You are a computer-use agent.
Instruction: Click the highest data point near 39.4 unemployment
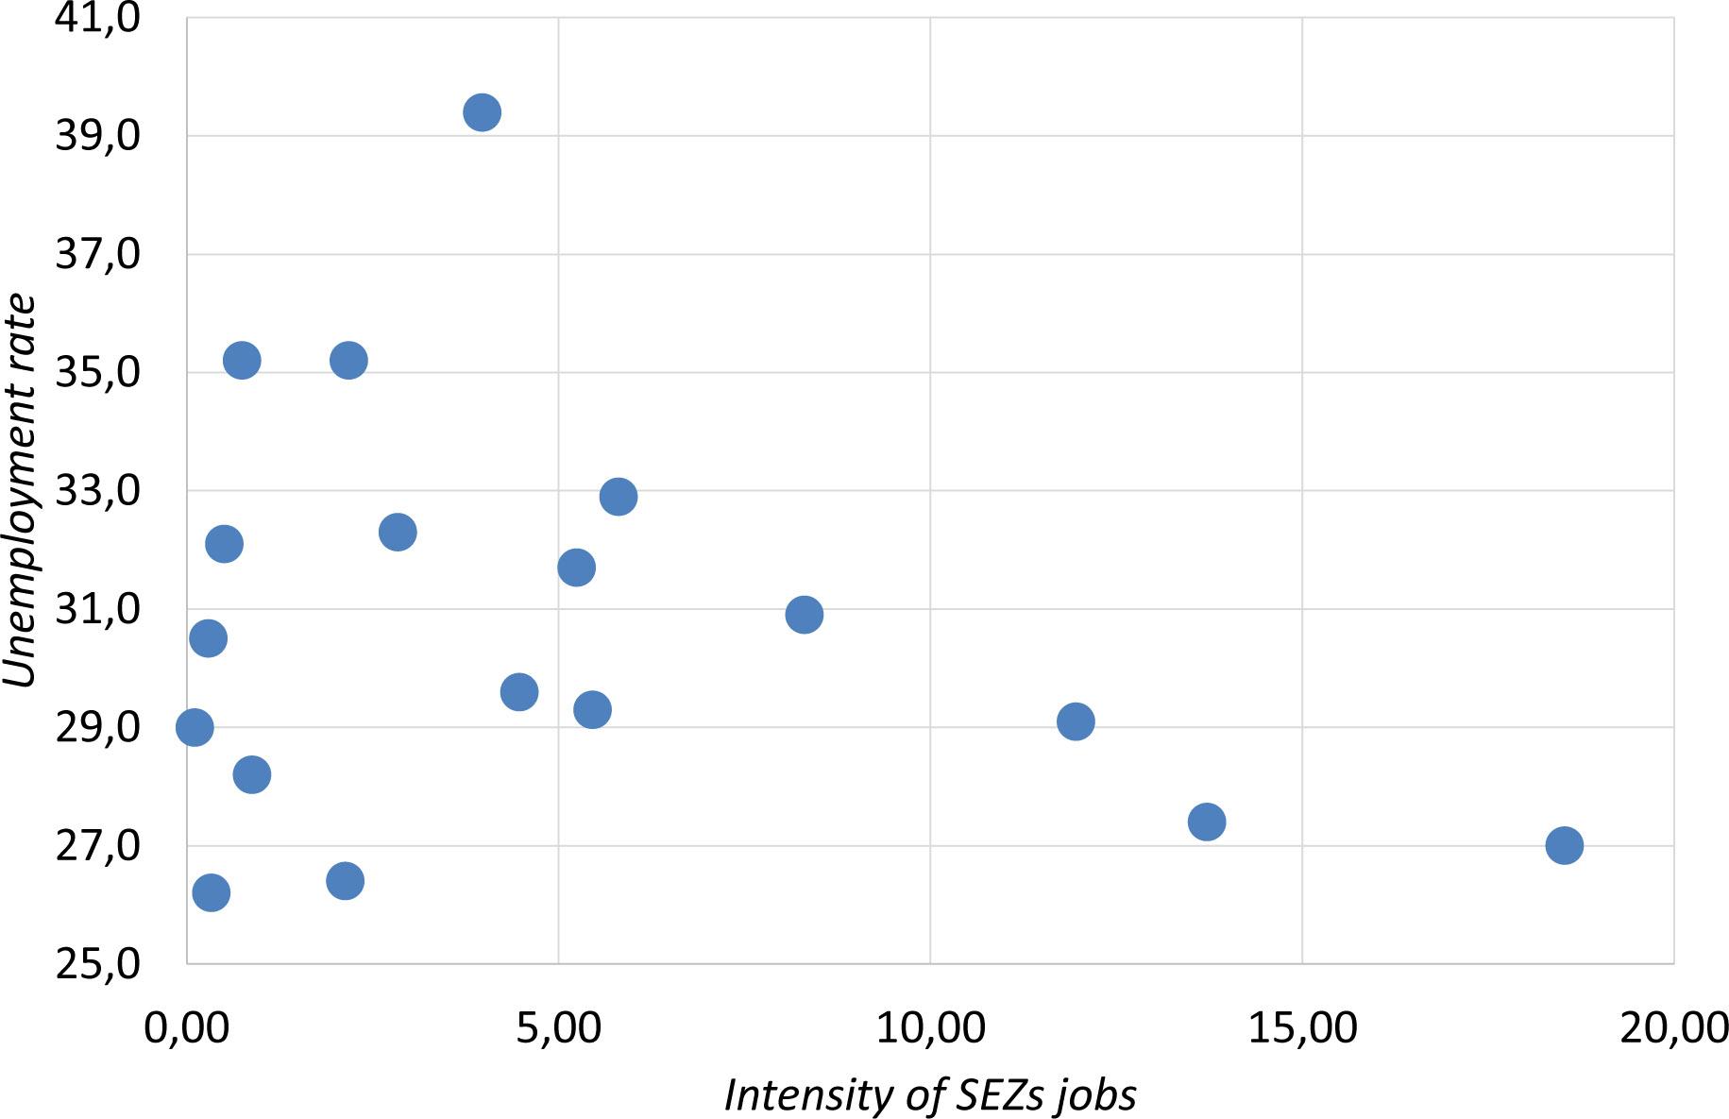point(482,112)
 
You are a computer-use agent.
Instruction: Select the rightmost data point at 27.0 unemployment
point(1564,844)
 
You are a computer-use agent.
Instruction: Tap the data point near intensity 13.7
point(1206,821)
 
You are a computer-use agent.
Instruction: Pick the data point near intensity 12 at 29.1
point(1076,721)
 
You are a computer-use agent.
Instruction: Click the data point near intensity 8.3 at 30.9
point(804,615)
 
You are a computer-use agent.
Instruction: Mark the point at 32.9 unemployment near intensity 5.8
point(618,496)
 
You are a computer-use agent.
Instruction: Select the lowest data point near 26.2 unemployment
point(211,892)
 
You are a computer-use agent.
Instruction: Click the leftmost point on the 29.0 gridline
point(195,727)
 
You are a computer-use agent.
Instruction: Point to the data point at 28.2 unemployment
point(251,774)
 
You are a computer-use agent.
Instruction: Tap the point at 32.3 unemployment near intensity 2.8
point(398,532)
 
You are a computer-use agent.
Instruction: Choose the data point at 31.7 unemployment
point(576,568)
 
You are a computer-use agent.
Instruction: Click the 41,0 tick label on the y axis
point(97,18)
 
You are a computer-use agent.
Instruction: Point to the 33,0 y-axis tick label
point(97,491)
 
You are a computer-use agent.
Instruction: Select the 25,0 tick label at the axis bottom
point(97,964)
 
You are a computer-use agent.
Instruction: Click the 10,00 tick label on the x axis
point(930,1027)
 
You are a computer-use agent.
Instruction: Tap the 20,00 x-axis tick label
point(1673,1027)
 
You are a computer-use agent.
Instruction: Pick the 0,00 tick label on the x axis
point(187,1027)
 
